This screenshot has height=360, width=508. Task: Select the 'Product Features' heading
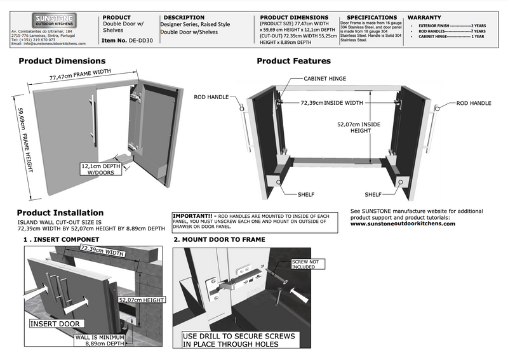(293, 62)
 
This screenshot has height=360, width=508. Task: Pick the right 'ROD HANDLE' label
(474, 102)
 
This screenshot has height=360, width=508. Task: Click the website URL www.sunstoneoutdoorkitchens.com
(403, 223)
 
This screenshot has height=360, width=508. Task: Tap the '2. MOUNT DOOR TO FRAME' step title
(219, 239)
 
